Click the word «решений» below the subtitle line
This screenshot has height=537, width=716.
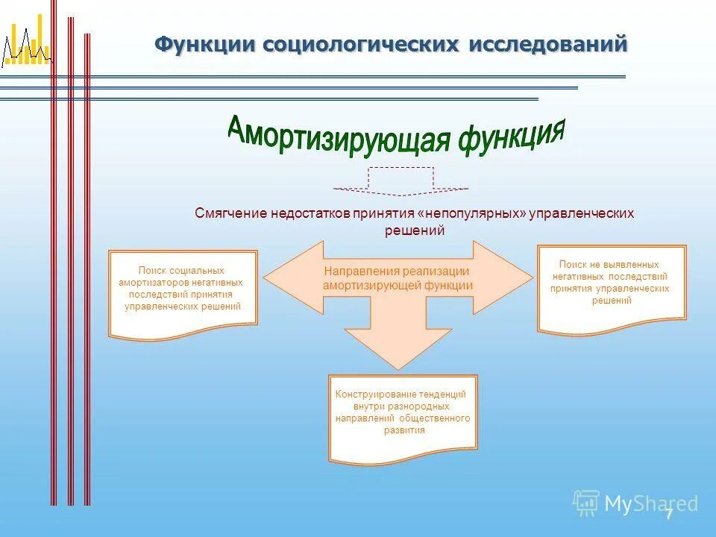415,231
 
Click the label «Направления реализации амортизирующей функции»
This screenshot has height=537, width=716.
398,278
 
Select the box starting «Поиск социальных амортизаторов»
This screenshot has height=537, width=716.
183,292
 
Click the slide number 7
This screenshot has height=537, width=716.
669,513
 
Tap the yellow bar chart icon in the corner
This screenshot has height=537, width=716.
25,46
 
